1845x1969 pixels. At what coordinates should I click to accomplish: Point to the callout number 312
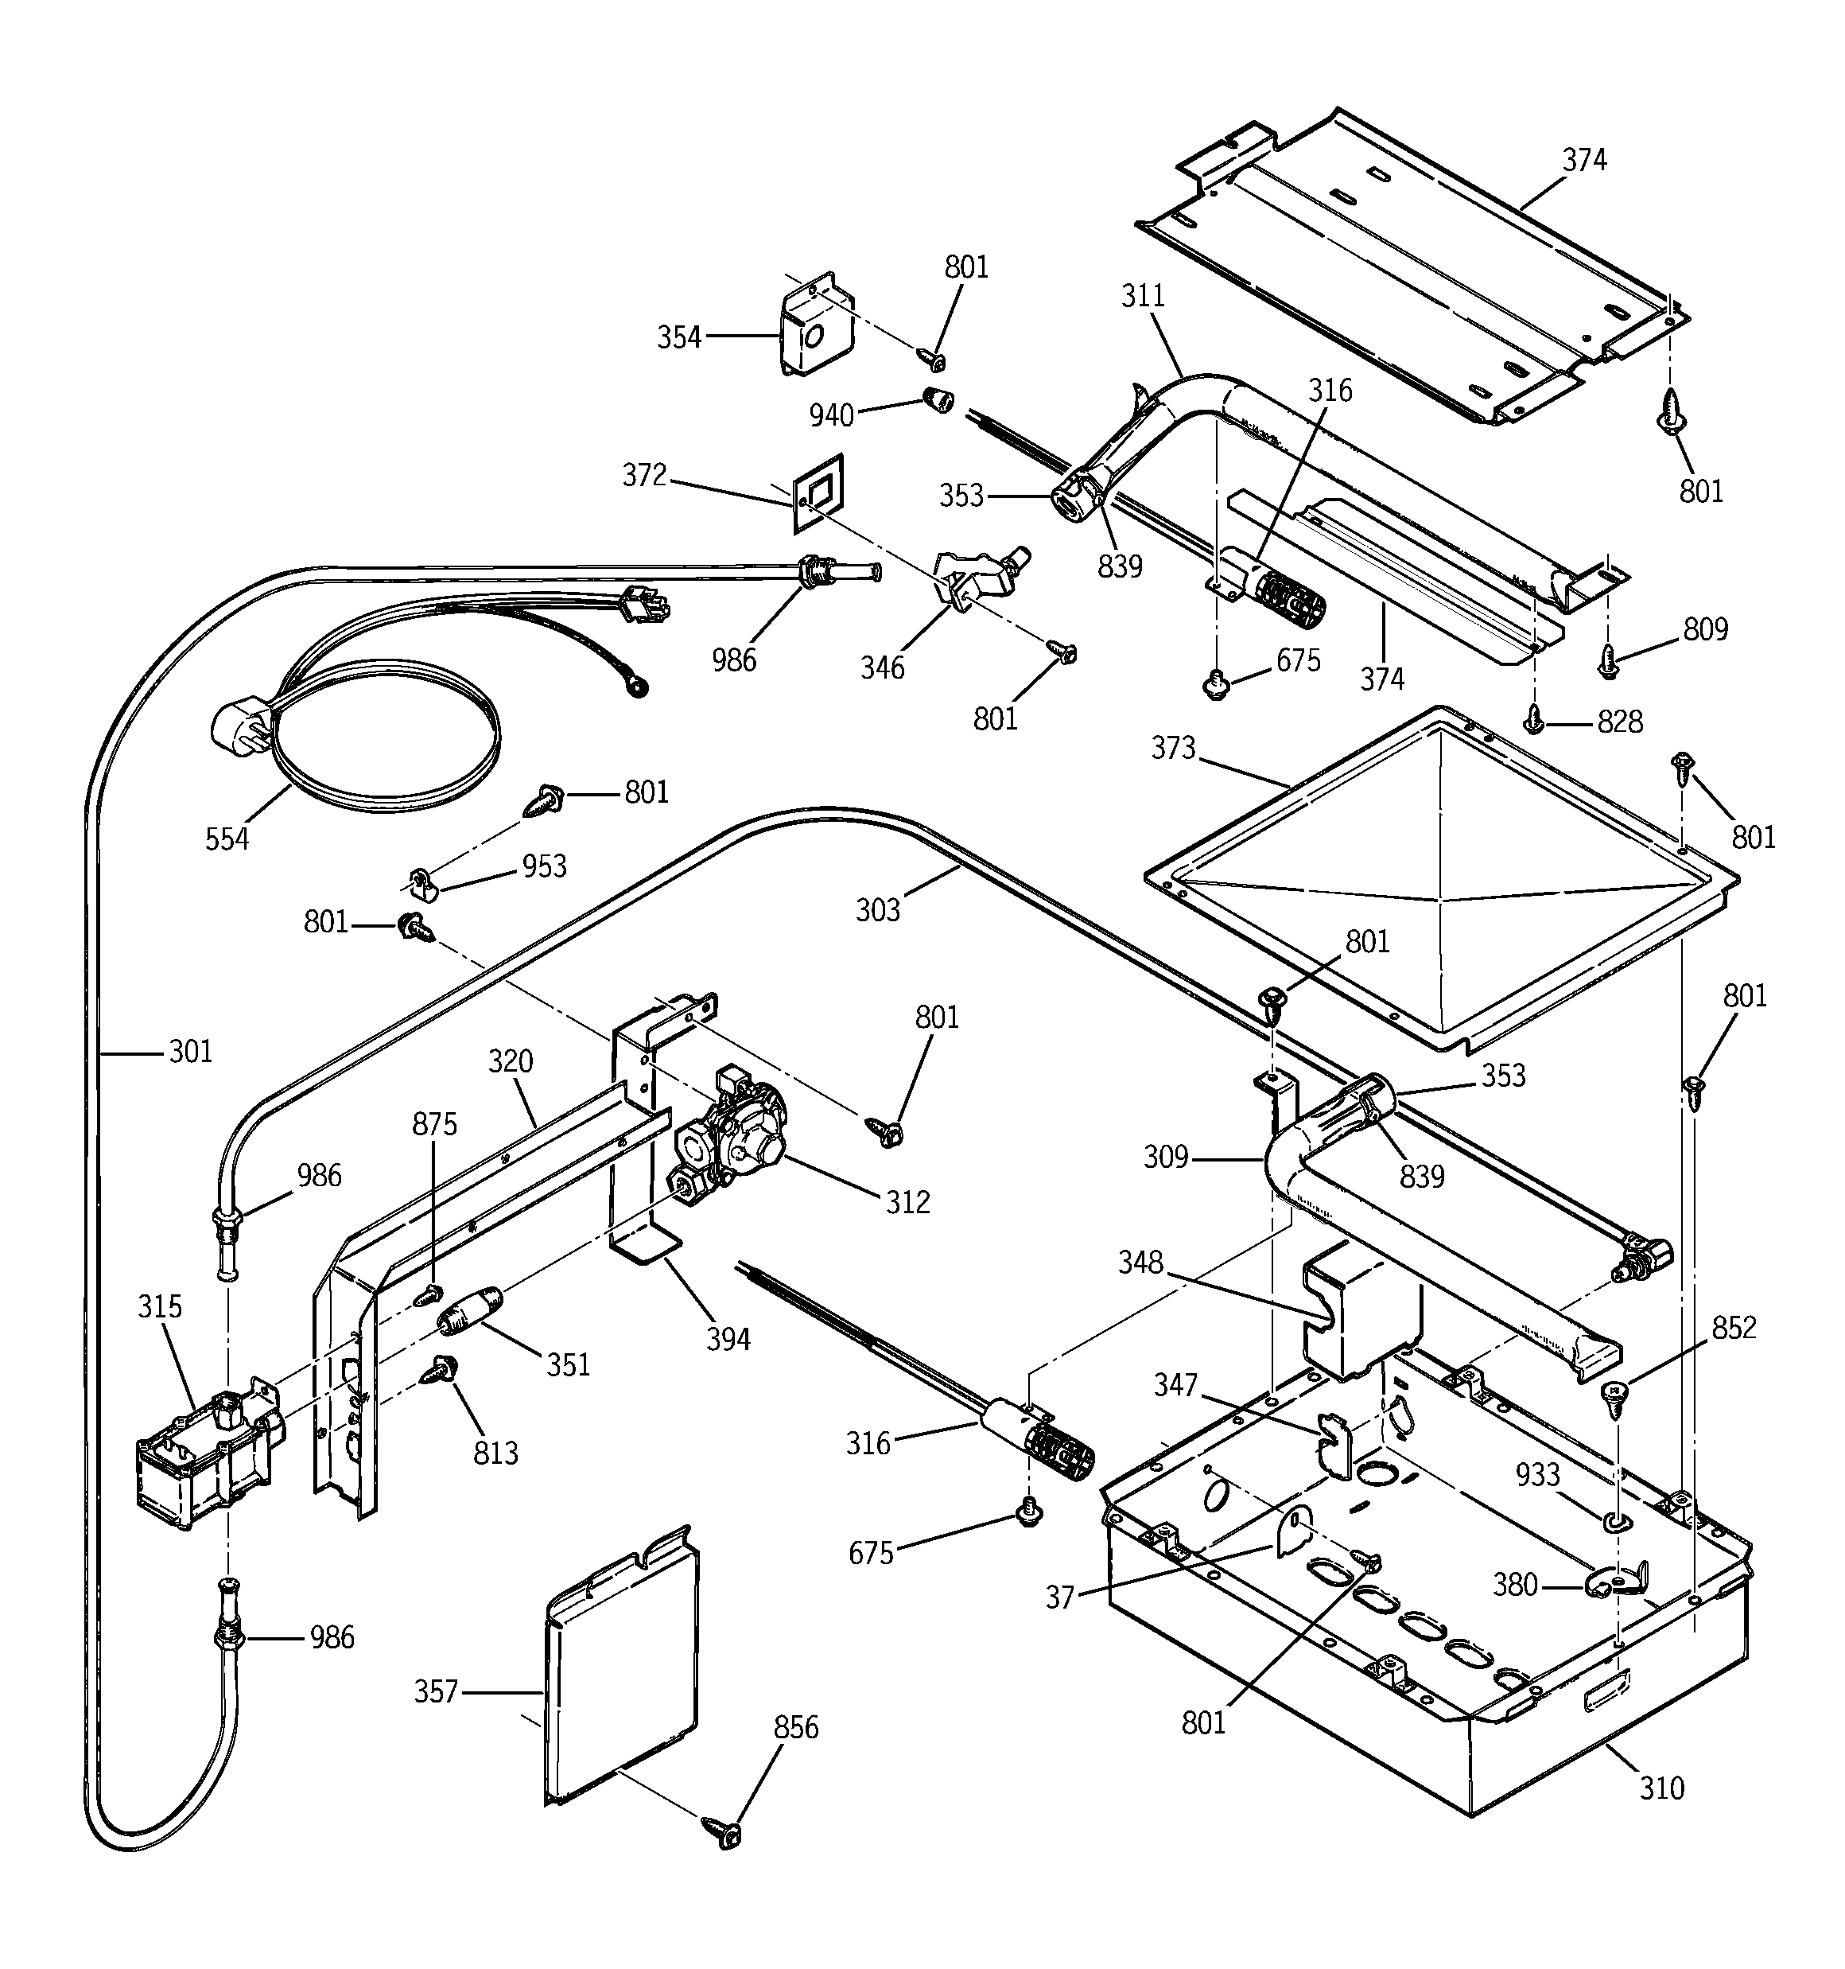(x=907, y=1202)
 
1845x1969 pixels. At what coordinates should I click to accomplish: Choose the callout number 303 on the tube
(x=879, y=910)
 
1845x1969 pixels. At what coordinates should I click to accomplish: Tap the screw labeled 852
(x=1615, y=1398)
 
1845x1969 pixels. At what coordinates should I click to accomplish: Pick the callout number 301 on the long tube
(x=190, y=1051)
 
